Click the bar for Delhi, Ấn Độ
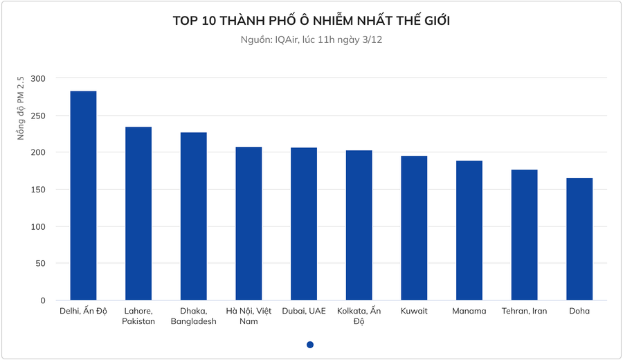click(83, 195)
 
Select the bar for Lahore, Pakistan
click(138, 213)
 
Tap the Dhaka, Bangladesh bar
click(193, 216)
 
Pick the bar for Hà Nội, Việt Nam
click(249, 223)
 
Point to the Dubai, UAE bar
click(304, 224)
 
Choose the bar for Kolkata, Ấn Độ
click(359, 225)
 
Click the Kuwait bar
click(414, 228)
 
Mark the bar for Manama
click(469, 230)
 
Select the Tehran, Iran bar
click(524, 235)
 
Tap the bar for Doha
click(579, 239)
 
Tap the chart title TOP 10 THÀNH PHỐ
click(311, 21)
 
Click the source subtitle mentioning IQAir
click(311, 40)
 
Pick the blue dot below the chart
click(310, 345)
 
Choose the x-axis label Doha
click(579, 311)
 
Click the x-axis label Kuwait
click(414, 311)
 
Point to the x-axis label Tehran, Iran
click(524, 311)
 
